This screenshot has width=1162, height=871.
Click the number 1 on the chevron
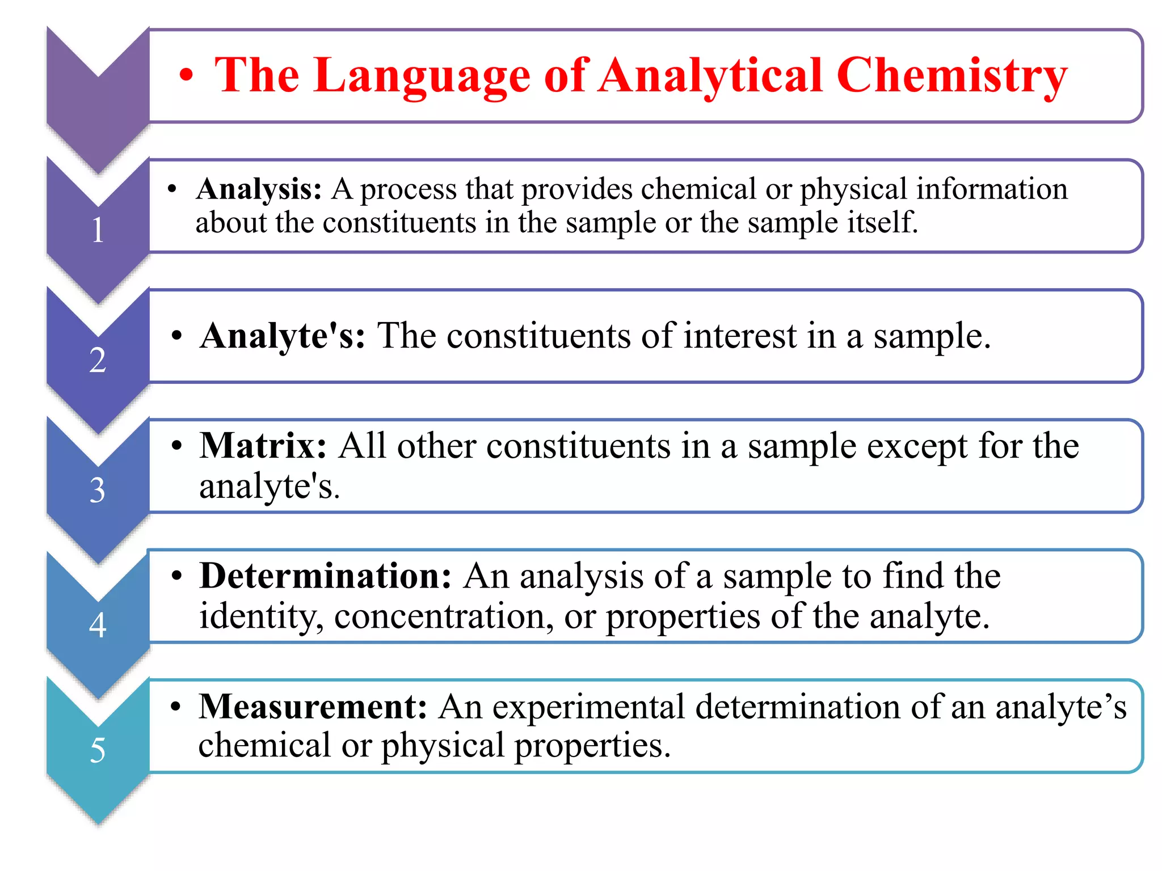98,230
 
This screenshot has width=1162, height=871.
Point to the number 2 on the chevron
98,360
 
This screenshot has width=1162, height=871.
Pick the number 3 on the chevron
98,490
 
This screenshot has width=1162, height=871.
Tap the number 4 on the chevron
98,625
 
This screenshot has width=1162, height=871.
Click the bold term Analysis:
259,189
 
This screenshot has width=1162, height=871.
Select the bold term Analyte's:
283,336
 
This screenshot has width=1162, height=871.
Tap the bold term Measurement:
313,707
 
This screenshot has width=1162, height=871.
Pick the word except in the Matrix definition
913,446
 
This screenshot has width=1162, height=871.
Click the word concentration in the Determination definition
444,616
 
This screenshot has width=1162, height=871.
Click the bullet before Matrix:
177,446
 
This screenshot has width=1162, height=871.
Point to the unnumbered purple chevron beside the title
98,96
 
